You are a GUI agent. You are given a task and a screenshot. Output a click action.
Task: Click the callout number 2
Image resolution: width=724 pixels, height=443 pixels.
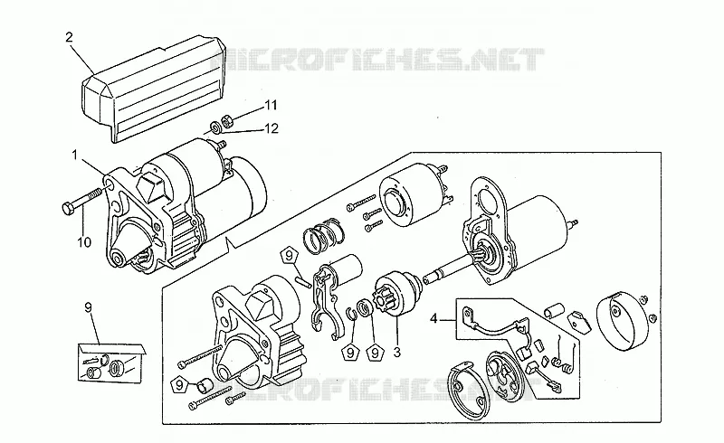point(70,37)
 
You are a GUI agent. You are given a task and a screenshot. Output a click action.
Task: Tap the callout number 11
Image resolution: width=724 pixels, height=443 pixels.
point(271,106)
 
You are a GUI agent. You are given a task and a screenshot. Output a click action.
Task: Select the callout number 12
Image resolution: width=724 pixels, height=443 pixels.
point(271,128)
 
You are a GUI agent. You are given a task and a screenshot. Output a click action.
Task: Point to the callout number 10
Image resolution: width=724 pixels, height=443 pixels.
point(84,241)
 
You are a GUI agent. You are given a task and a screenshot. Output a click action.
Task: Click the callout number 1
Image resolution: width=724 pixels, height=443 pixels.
point(75,155)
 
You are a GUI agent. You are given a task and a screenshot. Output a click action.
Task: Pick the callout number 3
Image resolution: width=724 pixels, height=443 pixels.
point(396,353)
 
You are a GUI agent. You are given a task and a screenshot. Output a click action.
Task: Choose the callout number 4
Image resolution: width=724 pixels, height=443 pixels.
point(433,319)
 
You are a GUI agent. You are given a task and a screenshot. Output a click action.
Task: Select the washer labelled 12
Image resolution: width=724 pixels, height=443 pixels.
point(215,127)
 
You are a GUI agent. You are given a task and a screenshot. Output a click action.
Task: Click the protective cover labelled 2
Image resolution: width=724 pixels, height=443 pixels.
point(154,87)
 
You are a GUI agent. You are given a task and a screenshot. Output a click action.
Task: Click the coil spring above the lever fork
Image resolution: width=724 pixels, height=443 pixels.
point(324,235)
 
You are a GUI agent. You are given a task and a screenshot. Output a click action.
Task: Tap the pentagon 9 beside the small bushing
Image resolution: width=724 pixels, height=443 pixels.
point(180,384)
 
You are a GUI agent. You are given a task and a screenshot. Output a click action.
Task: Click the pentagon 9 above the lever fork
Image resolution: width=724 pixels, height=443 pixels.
point(290,255)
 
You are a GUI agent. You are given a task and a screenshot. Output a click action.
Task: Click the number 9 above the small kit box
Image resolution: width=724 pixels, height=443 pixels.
point(88,306)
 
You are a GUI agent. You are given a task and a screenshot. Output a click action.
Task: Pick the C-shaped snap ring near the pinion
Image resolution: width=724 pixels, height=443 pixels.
point(351,313)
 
